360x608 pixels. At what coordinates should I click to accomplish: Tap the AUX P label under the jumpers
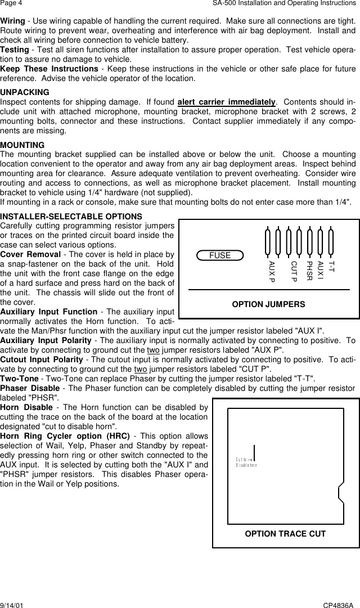[x=272, y=272]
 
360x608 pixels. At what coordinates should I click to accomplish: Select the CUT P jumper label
[x=293, y=272]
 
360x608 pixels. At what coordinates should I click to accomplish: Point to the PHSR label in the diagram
[x=309, y=271]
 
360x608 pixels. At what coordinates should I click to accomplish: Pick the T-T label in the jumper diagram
[x=331, y=267]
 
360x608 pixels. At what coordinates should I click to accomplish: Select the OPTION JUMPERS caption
[x=269, y=304]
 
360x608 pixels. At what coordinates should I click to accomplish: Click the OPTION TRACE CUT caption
[x=285, y=534]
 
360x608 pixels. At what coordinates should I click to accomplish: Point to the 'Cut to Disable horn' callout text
[x=246, y=462]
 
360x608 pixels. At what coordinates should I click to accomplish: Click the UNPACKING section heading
[x=25, y=92]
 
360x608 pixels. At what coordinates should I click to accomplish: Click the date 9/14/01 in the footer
[x=12, y=604]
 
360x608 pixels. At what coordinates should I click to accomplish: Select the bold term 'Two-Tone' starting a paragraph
[x=17, y=379]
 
